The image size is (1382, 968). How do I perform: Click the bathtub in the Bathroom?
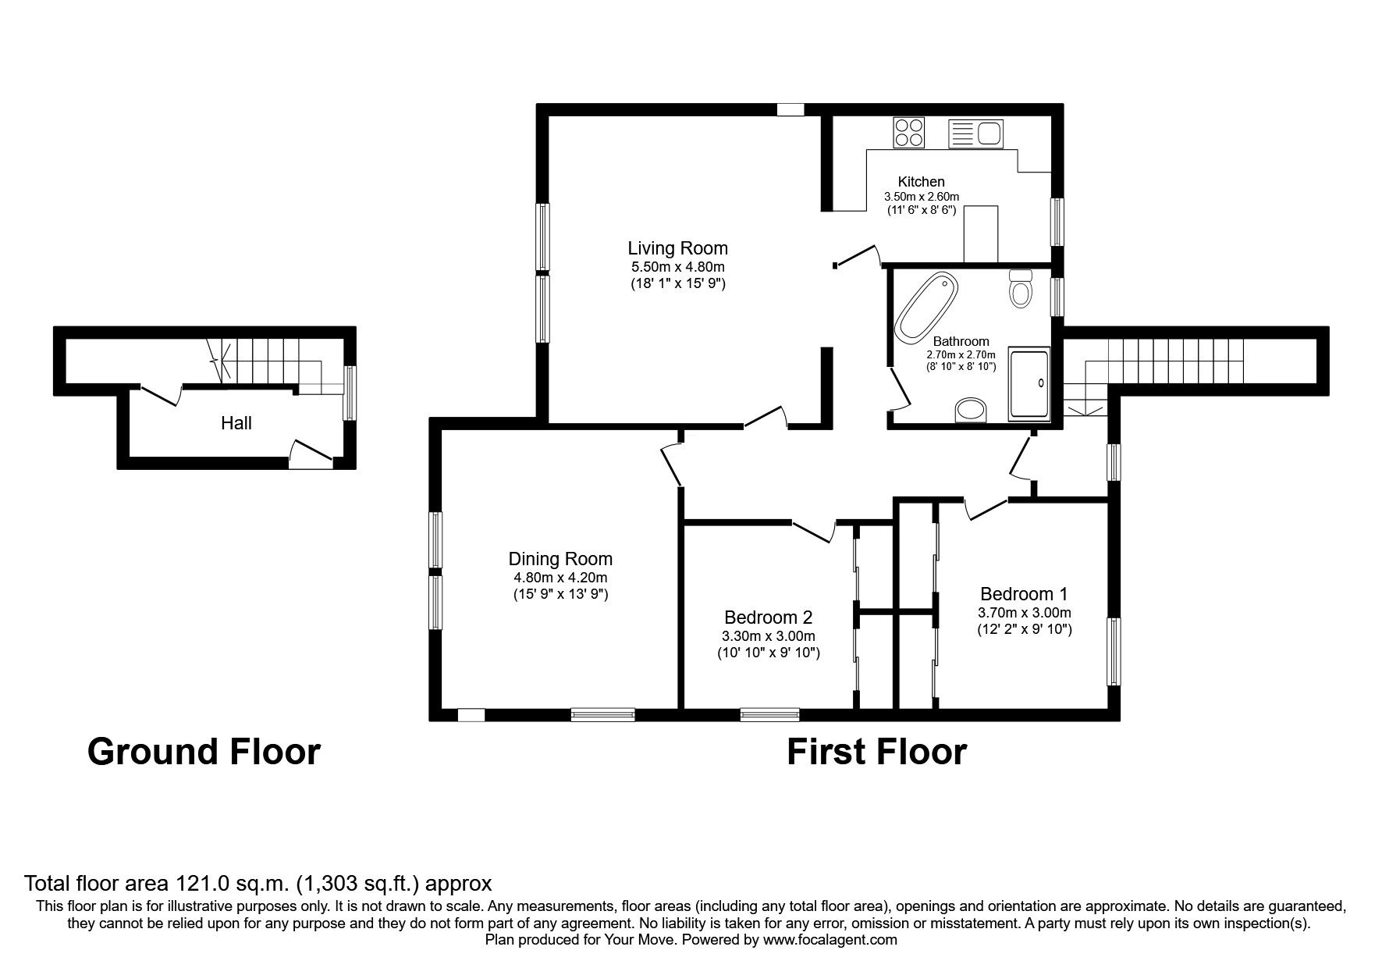coord(926,307)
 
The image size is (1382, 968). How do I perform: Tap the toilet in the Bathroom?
coord(1020,289)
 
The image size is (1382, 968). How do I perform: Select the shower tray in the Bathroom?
coord(1029,385)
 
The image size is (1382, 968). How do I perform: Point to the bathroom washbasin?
coord(971,410)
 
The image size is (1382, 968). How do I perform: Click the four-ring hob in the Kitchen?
coord(908,132)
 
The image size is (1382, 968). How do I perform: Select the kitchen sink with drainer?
coord(975,133)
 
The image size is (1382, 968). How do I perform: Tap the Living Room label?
coord(677,248)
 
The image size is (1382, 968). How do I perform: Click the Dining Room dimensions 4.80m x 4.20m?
coord(560,578)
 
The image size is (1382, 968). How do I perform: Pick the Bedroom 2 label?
coord(768,617)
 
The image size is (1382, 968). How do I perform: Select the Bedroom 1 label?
coord(1024,593)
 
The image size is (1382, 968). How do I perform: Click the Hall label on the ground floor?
coord(236,423)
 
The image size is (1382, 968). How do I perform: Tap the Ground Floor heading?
coord(204,752)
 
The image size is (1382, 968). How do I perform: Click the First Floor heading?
coord(876,752)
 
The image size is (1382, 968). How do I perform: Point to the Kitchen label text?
coord(921,182)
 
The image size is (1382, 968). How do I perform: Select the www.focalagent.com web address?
coord(830,940)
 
